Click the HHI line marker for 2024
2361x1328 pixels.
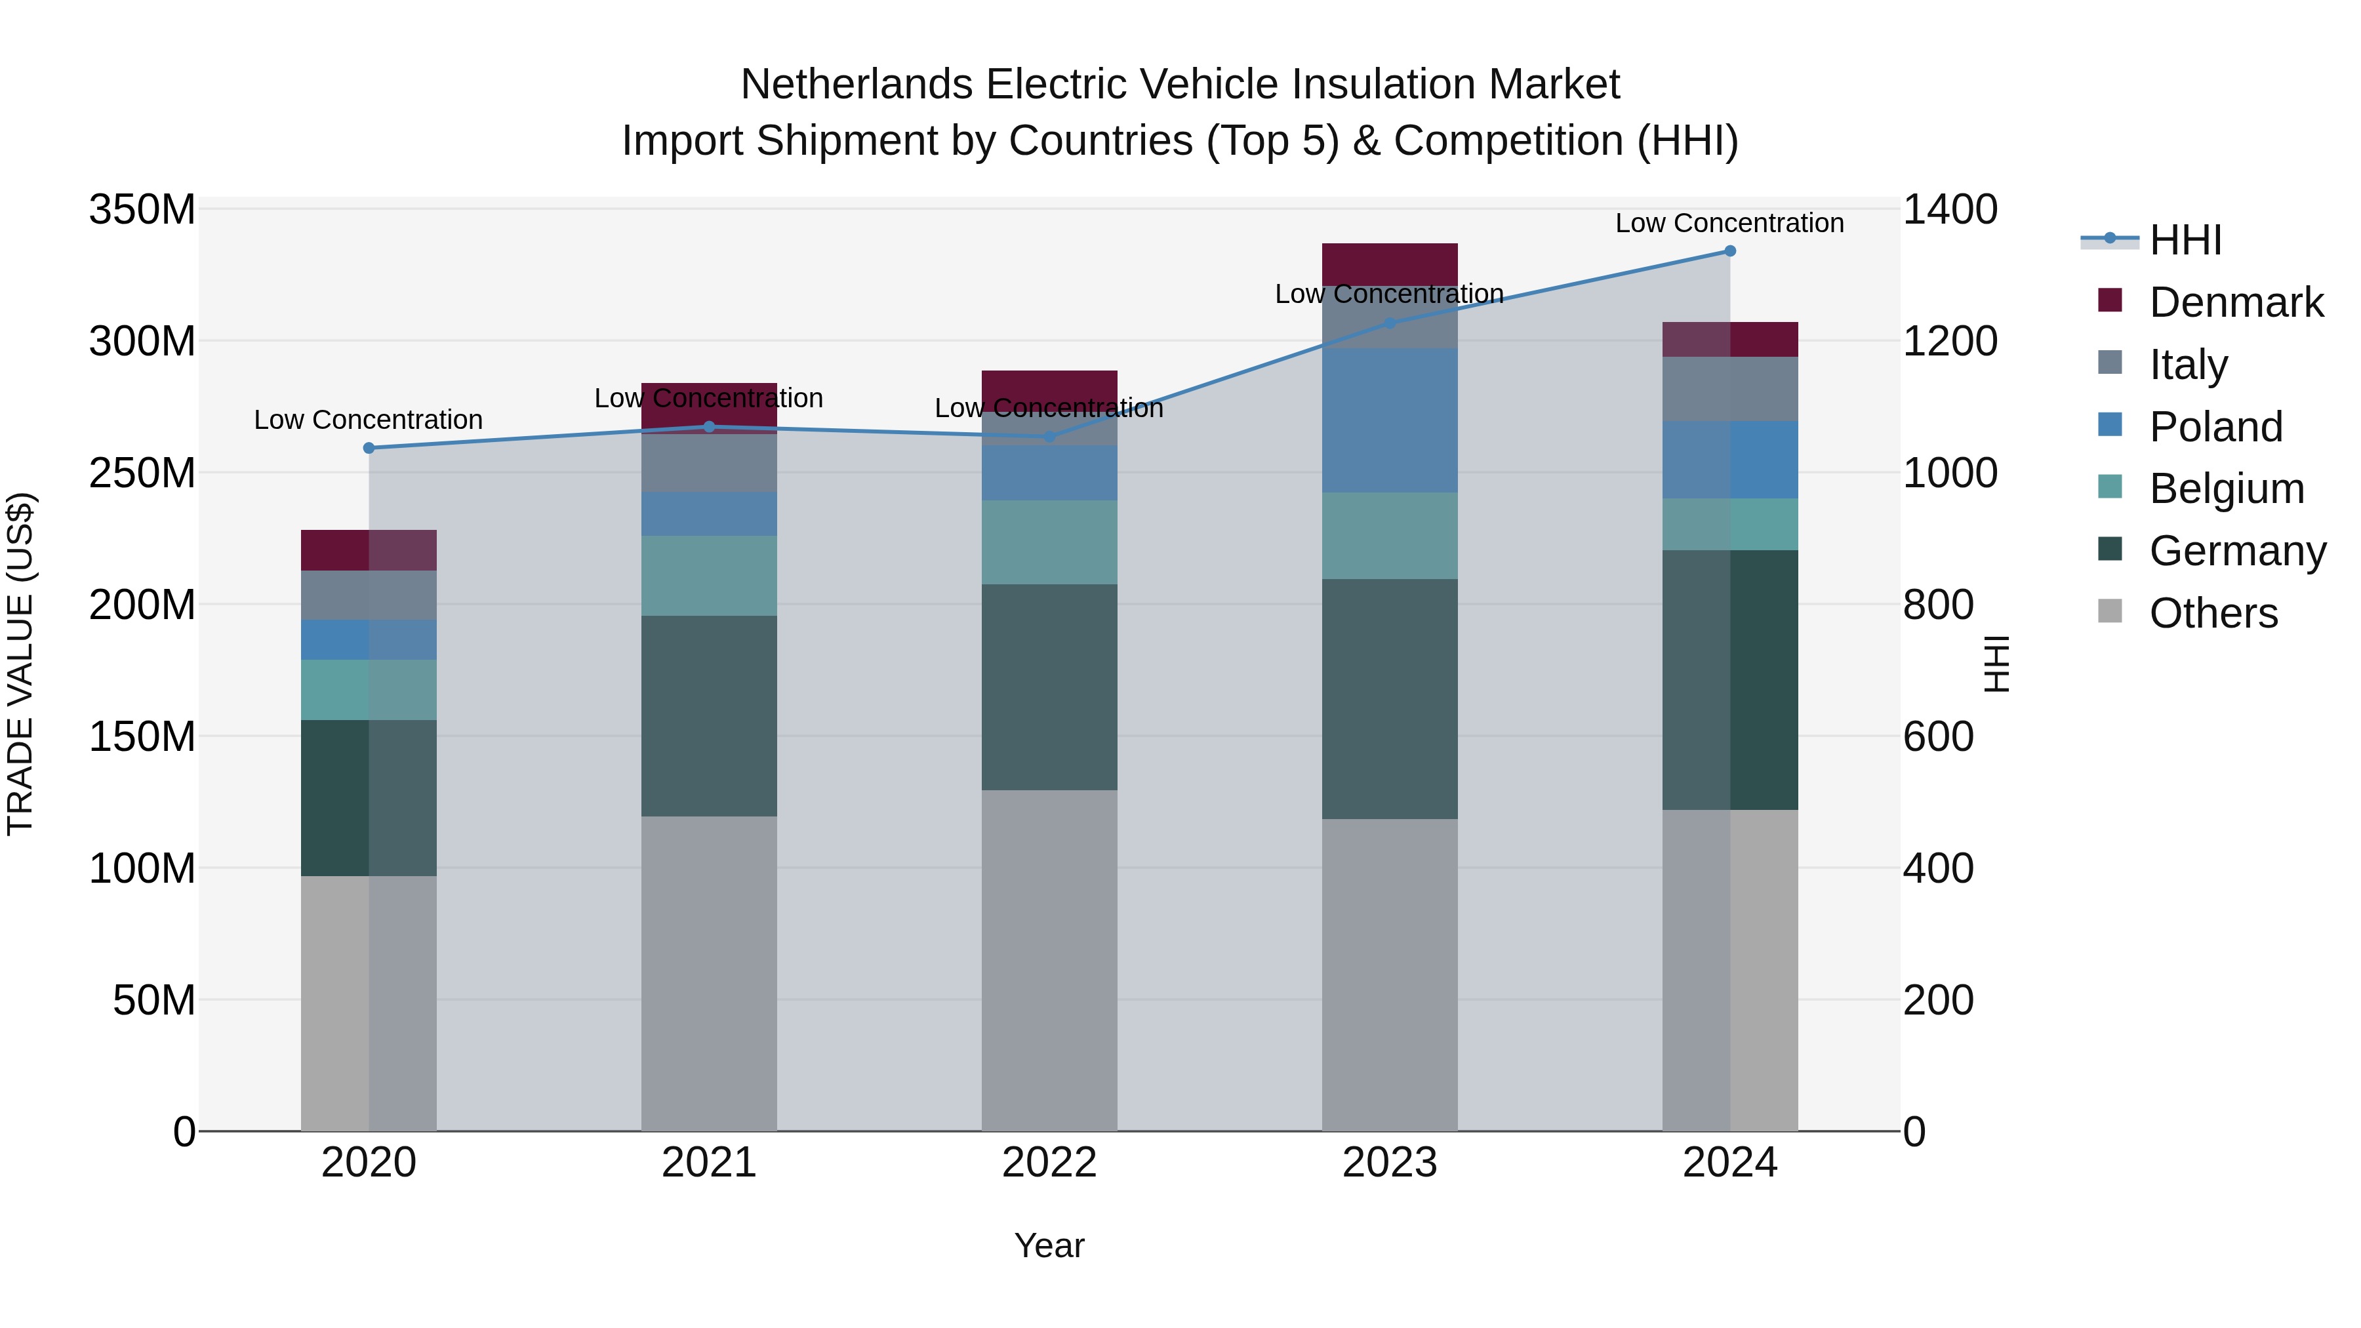point(1729,251)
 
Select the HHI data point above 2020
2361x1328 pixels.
point(369,448)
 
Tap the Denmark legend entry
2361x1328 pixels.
point(2236,302)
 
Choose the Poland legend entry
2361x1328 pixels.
point(2215,427)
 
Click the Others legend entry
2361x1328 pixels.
point(2213,613)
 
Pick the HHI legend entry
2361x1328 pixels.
point(2185,240)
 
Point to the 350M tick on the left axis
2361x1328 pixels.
point(142,210)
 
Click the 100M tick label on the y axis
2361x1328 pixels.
point(142,868)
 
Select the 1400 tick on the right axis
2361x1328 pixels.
point(1950,210)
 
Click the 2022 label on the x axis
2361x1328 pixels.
point(1049,1163)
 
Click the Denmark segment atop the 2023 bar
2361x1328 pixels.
point(1390,263)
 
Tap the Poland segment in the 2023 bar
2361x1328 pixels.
point(1390,420)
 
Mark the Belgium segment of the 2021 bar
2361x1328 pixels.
point(708,576)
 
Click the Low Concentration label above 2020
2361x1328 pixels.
point(369,420)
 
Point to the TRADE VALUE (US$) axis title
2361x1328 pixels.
point(20,664)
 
